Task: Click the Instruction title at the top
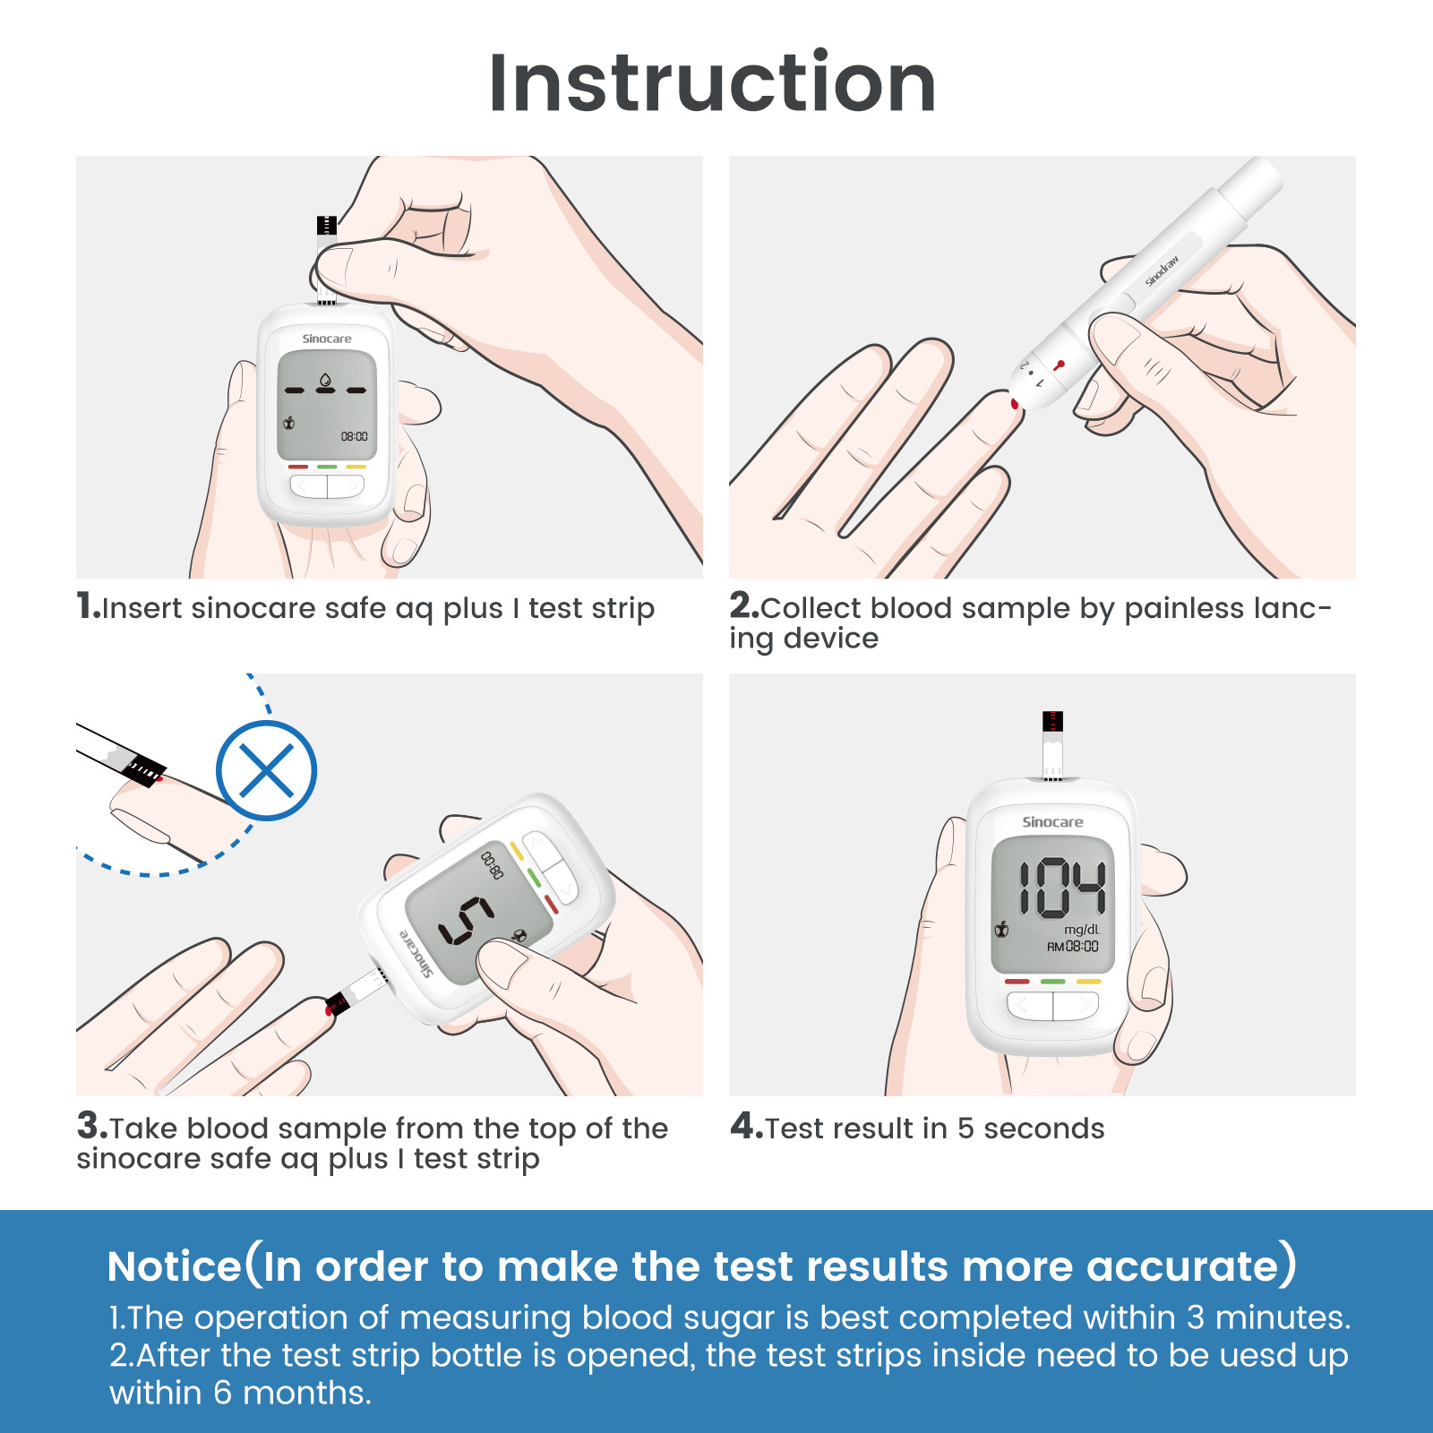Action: [712, 82]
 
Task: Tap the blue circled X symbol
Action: [266, 770]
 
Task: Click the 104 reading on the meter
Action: [1061, 888]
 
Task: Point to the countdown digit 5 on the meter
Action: [466, 920]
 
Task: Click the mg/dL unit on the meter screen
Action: [1082, 930]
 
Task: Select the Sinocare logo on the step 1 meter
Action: [327, 339]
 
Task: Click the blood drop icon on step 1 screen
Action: [325, 380]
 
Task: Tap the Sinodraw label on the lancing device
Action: [1162, 271]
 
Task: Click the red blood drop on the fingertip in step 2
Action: [1015, 404]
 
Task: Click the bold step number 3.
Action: [91, 1126]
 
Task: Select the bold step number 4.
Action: [745, 1126]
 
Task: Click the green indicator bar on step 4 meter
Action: [1052, 982]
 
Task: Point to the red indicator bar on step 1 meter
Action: [298, 467]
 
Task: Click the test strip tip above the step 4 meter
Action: [1053, 722]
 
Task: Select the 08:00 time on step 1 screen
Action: [354, 436]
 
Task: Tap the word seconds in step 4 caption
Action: [1043, 1128]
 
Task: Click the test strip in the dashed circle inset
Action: [143, 768]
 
